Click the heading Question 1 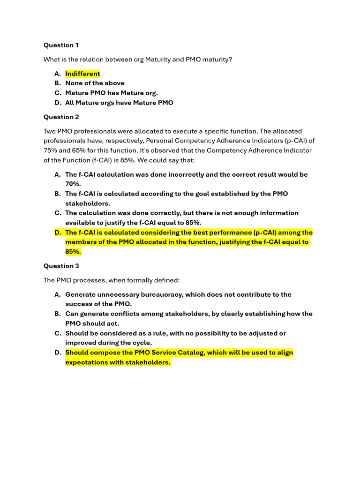[61, 45]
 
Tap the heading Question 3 [61, 266]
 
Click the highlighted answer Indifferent [82, 74]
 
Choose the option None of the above [95, 83]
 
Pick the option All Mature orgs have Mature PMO [119, 103]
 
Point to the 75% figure [51, 150]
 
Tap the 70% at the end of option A [73, 184]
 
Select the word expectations [87, 362]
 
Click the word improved [81, 343]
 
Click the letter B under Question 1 [57, 83]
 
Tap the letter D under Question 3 [57, 352]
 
